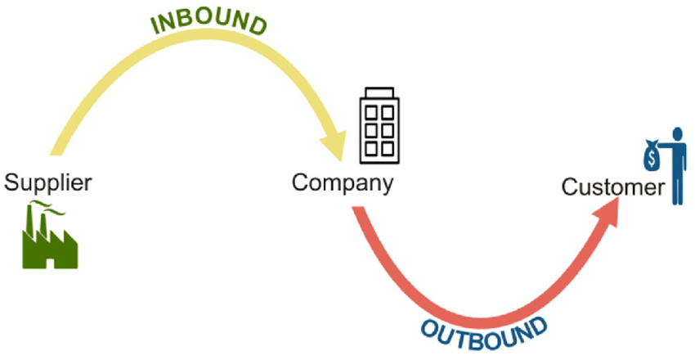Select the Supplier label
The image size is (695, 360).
point(48,182)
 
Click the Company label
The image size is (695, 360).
point(342,181)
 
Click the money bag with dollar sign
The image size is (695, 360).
point(652,154)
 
